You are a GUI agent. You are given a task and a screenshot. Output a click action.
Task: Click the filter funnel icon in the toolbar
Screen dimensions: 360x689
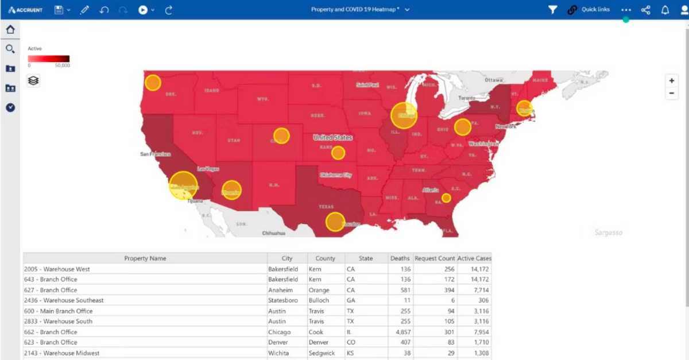(x=552, y=10)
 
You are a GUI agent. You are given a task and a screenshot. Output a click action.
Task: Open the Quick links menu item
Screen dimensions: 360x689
(x=595, y=10)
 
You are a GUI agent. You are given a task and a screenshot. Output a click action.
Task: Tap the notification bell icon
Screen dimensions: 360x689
(x=665, y=10)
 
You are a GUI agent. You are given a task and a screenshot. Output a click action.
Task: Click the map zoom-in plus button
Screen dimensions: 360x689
(x=672, y=81)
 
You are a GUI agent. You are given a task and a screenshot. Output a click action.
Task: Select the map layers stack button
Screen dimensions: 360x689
(x=33, y=81)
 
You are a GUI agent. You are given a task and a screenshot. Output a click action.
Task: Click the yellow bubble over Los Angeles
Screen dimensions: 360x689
(x=183, y=185)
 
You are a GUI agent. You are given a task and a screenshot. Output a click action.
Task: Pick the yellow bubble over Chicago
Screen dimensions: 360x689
(x=404, y=115)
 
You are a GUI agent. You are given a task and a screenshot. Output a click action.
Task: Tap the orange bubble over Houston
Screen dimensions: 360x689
(x=335, y=222)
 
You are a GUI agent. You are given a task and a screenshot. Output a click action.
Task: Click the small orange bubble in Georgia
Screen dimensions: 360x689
(x=446, y=198)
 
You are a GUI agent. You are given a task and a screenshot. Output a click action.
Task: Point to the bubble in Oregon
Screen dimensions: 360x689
(x=153, y=83)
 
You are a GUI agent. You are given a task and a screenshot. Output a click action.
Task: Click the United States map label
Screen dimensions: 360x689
(x=333, y=138)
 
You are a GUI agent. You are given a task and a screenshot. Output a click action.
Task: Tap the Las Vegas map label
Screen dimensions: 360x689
(x=208, y=169)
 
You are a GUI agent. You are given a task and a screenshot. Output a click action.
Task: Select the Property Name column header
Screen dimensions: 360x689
(x=145, y=258)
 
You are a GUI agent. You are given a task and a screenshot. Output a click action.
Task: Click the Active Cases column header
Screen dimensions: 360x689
(x=474, y=258)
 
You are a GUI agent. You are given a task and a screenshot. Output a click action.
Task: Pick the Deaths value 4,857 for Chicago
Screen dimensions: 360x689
(x=400, y=332)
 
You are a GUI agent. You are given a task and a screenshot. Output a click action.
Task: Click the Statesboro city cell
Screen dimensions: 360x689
(x=282, y=300)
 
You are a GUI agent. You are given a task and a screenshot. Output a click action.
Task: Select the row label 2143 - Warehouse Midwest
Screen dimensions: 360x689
(x=61, y=353)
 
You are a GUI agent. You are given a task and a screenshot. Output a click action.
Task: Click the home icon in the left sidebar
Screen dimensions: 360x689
(x=10, y=30)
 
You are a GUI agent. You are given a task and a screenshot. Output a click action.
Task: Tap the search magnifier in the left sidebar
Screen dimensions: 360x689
(x=10, y=49)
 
